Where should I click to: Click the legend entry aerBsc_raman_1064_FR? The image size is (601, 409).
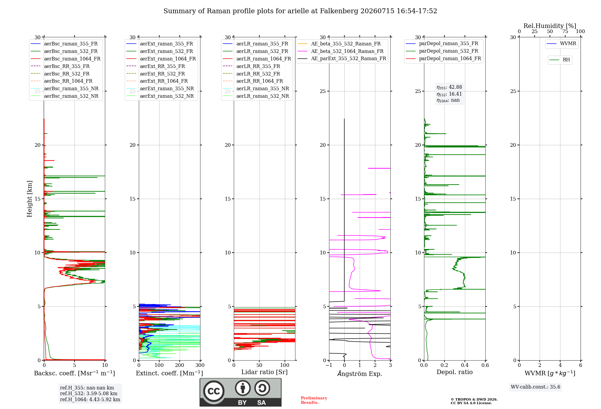pos(66,59)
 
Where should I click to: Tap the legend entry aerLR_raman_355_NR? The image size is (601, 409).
pos(256,88)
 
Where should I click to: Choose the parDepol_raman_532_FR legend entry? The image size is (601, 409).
pos(442,51)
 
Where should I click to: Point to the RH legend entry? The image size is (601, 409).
pos(560,60)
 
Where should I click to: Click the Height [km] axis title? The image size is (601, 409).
pos(29,199)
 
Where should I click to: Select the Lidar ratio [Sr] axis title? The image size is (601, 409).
pos(264,372)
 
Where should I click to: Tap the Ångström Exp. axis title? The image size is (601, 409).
pos(360,374)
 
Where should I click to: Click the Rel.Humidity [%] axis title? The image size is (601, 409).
pos(550,26)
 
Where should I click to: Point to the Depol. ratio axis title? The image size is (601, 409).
pos(455,372)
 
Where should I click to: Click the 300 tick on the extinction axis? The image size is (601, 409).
pos(200,365)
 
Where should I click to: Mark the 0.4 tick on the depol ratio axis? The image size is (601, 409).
pos(465,365)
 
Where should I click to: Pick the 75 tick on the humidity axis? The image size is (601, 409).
pos(565,32)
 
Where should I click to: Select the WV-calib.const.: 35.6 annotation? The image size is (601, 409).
pos(535,387)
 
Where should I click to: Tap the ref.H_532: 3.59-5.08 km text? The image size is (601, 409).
pos(89,394)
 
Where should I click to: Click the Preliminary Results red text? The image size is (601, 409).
pos(314,400)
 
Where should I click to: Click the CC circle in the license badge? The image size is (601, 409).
pos(214,391)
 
